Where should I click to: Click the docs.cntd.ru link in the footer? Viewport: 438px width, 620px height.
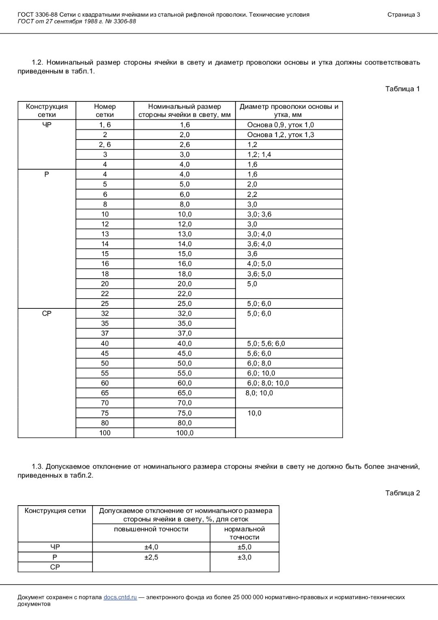[x=120, y=597]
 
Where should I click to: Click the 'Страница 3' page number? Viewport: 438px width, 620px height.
[x=404, y=15]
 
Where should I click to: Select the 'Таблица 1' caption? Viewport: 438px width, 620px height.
[x=402, y=89]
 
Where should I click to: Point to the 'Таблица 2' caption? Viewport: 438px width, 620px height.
[x=402, y=493]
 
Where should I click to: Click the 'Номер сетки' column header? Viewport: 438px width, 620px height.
[x=105, y=110]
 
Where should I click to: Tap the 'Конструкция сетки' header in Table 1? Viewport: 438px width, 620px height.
[x=47, y=110]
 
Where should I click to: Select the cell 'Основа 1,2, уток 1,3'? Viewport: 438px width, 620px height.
[x=280, y=135]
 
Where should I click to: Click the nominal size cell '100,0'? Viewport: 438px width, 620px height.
[x=185, y=433]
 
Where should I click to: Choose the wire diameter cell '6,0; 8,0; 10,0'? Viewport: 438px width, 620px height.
[x=268, y=383]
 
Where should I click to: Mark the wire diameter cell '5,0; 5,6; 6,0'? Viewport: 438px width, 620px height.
[x=266, y=343]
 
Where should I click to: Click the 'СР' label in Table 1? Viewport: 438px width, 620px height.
[x=47, y=314]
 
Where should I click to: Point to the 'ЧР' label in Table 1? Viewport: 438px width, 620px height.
[x=47, y=125]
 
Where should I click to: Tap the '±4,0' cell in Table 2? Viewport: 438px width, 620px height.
[x=151, y=547]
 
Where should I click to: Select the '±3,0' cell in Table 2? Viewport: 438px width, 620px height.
[x=245, y=557]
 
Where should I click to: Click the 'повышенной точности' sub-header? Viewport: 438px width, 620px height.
[x=151, y=529]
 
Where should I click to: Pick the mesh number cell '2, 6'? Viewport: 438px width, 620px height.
[x=105, y=144]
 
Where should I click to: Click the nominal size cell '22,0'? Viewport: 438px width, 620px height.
[x=185, y=294]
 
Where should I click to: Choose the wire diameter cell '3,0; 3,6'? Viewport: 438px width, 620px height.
[x=259, y=214]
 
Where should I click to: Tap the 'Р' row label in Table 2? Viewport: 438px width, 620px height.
[x=55, y=557]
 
